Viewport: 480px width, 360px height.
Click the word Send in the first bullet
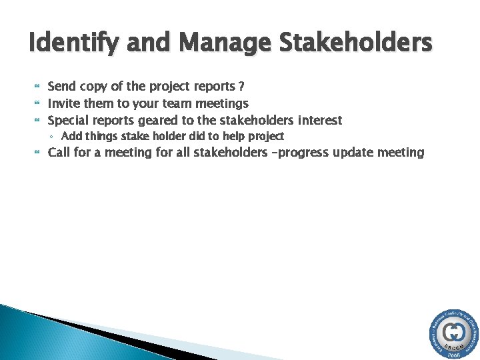62,87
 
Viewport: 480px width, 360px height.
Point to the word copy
95,87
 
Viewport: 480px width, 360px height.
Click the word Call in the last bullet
59,153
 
